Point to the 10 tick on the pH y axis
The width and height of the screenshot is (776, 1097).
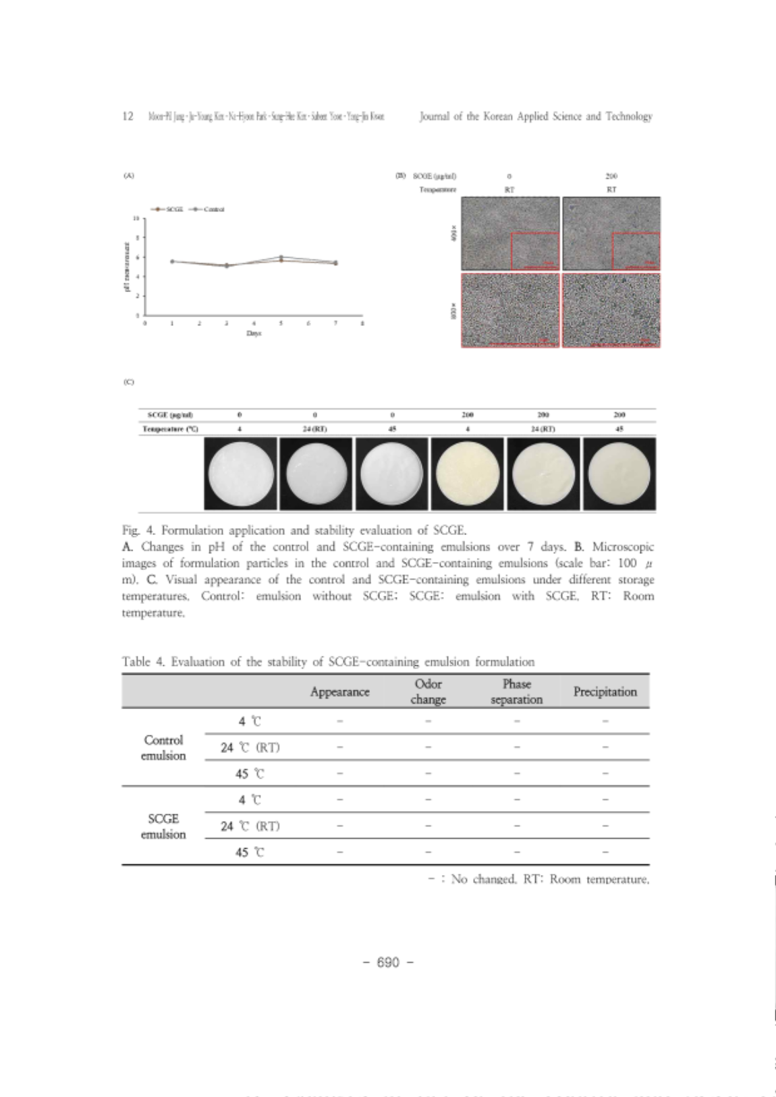[137, 219]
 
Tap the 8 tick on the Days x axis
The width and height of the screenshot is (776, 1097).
[362, 323]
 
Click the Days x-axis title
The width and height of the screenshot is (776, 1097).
[254, 333]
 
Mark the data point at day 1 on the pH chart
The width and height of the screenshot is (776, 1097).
[172, 261]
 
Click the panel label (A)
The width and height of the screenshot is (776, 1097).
[128, 175]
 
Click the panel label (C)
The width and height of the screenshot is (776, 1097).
[128, 382]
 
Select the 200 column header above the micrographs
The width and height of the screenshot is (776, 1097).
[611, 176]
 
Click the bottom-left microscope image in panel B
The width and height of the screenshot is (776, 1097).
[510, 310]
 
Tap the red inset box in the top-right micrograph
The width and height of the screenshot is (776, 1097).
[636, 251]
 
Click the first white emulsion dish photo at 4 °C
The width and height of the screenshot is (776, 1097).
[240, 474]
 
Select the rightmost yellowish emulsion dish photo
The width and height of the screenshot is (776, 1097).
[619, 474]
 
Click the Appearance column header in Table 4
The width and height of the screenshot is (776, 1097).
[339, 692]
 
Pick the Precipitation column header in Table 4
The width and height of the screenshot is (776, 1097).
[605, 692]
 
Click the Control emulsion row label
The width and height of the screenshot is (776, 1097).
[163, 748]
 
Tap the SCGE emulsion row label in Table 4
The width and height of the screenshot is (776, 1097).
[163, 826]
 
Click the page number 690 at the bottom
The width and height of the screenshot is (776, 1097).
[388, 962]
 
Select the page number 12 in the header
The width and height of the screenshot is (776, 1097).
[128, 116]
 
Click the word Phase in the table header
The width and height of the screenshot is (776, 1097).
[517, 684]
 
